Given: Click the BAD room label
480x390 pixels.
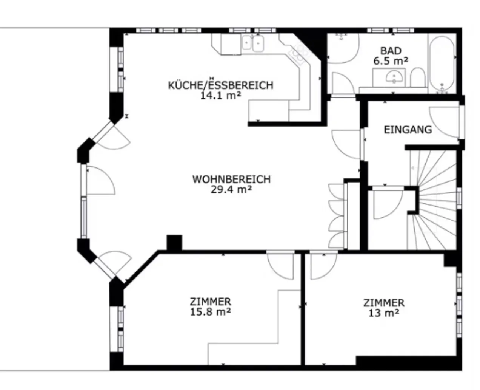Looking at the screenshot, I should (x=391, y=50).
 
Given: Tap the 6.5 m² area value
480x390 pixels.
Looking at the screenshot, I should (x=391, y=60).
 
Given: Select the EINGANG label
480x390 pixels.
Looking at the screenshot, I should (x=408, y=130).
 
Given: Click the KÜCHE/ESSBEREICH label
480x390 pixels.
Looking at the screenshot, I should (x=220, y=85).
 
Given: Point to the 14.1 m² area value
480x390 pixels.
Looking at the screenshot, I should (x=220, y=95).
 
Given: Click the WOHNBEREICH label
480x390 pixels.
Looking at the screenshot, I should (x=231, y=179).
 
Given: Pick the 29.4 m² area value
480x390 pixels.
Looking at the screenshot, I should (x=231, y=189).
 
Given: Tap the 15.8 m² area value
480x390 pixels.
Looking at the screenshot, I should (x=210, y=312).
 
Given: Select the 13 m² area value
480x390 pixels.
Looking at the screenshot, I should (x=384, y=313).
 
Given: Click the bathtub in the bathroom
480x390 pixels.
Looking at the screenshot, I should (x=442, y=64).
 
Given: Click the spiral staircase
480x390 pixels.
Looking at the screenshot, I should (x=434, y=200).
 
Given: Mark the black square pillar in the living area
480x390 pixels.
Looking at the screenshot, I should (x=174, y=243).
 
